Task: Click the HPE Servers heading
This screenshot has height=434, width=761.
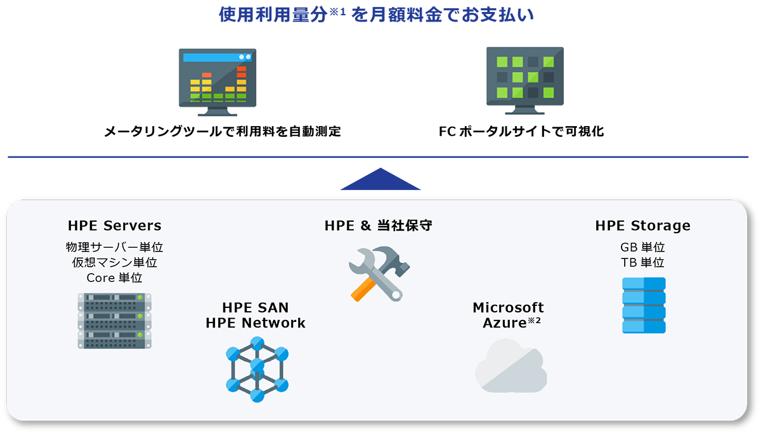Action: click(114, 226)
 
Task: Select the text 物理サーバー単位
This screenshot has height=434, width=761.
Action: click(114, 247)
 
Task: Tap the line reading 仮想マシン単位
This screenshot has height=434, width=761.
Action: click(114, 262)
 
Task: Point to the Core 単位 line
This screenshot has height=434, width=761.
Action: click(114, 278)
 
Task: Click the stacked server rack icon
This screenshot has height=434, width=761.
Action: click(115, 321)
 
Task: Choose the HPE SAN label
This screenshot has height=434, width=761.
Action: click(256, 308)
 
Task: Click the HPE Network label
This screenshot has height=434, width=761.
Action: click(256, 323)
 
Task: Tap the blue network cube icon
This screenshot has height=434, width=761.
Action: click(257, 369)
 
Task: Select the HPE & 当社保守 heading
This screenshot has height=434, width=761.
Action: click(379, 226)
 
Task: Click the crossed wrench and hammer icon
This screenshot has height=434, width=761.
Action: click(375, 273)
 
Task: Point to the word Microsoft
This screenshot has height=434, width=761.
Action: click(508, 308)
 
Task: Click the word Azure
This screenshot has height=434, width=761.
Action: click(504, 323)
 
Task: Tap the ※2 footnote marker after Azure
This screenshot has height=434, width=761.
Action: click(534, 321)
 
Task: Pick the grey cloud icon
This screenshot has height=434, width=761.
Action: click(511, 366)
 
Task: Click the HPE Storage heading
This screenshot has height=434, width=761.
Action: click(642, 226)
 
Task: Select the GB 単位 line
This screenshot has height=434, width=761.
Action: click(642, 247)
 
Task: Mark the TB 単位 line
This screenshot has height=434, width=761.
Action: click(642, 262)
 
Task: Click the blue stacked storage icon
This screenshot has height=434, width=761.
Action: click(644, 305)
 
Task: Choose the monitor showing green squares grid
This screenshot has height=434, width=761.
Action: click(525, 79)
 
